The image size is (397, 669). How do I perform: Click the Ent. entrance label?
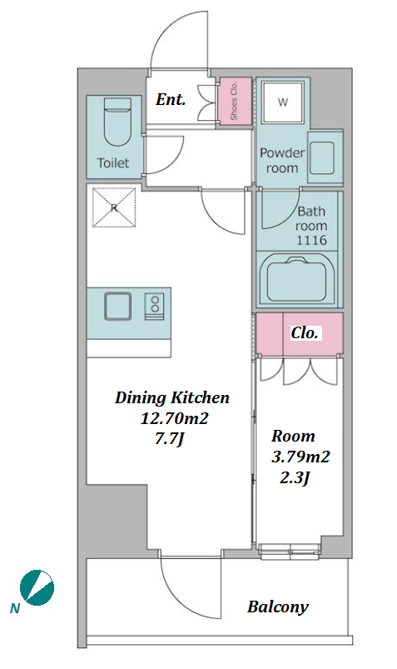click(x=171, y=100)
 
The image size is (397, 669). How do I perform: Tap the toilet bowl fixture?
click(x=117, y=122)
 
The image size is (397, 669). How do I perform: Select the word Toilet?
click(x=113, y=162)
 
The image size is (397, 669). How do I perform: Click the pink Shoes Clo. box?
click(x=234, y=101)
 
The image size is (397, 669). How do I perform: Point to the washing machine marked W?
click(x=283, y=102)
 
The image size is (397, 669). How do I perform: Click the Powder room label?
click(x=282, y=161)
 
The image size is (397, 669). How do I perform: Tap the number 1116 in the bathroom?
click(x=312, y=240)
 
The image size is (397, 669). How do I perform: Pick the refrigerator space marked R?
click(x=114, y=207)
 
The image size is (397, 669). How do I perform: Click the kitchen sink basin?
click(x=117, y=306)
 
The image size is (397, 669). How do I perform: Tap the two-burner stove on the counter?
click(x=154, y=306)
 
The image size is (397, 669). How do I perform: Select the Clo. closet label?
click(x=305, y=332)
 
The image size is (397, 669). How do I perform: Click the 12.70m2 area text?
click(x=175, y=418)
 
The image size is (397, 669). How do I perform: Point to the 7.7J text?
click(x=169, y=438)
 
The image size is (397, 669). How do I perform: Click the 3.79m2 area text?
click(x=300, y=457)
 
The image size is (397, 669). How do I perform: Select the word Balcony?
click(x=278, y=607)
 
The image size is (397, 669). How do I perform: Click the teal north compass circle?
click(x=37, y=588)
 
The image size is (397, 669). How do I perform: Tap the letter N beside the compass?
click(x=15, y=609)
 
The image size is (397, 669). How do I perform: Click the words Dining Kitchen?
click(x=172, y=397)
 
